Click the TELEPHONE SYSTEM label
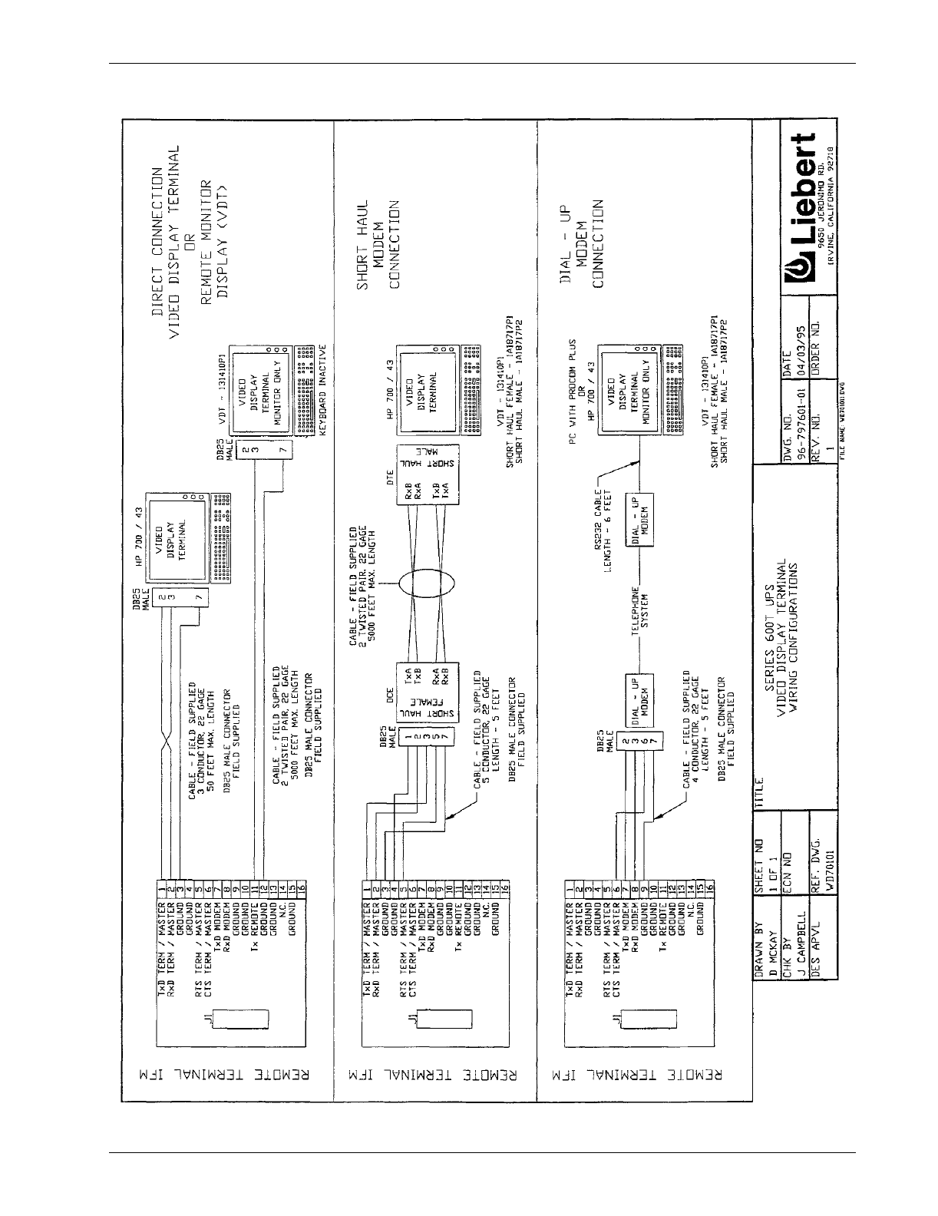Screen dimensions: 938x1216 pos(640,610)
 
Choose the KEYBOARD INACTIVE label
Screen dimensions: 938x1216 pos(323,392)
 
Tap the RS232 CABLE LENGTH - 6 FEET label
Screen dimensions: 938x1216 pos(609,528)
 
